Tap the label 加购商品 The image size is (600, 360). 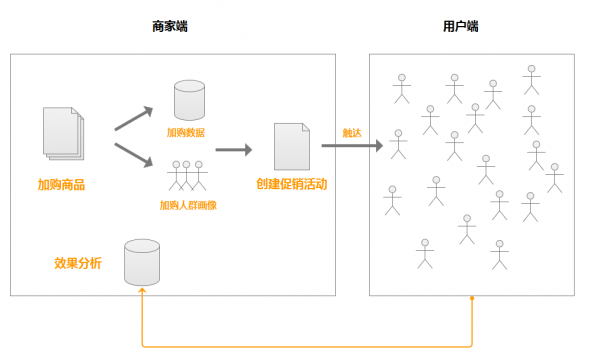[x=60, y=184]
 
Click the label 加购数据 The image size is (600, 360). [x=187, y=131]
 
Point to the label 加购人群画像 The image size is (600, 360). [x=188, y=205]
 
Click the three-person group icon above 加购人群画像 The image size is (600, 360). [x=188, y=175]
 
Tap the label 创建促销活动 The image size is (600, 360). [x=291, y=184]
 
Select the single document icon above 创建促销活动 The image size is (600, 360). [x=291, y=147]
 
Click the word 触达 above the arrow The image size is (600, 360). [x=351, y=132]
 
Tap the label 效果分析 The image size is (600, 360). [x=78, y=263]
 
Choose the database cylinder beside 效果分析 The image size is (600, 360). [x=141, y=262]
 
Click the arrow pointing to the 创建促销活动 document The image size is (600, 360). [x=233, y=150]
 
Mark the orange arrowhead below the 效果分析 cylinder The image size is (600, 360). [x=142, y=291]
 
